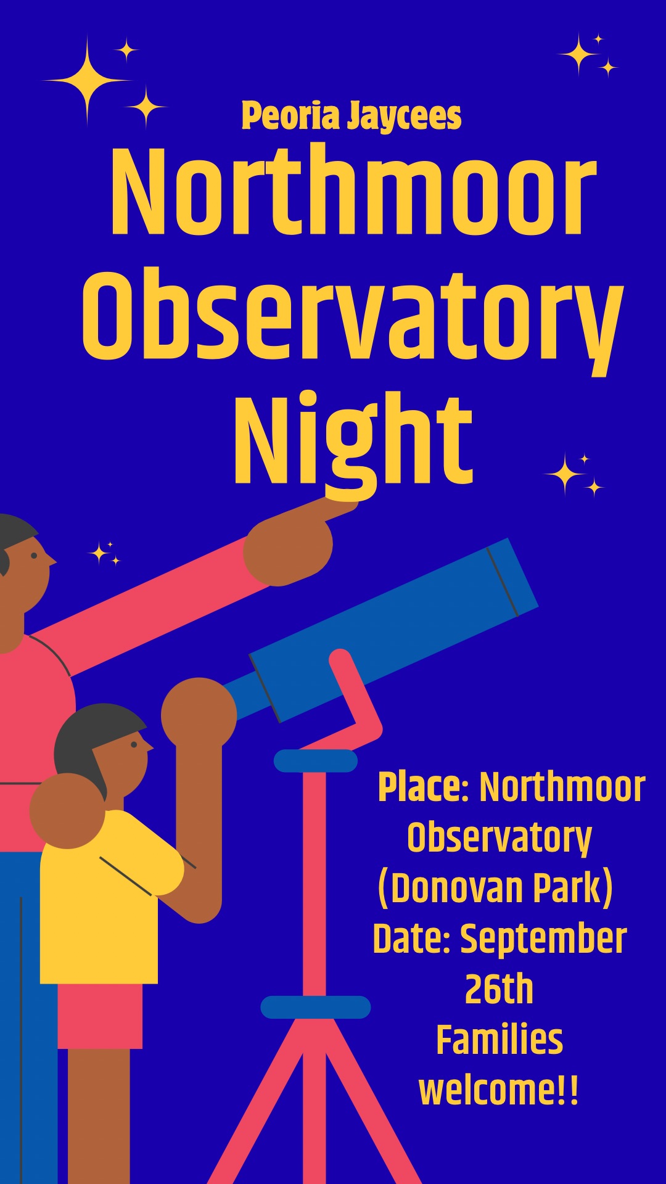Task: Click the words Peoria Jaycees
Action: coord(351,116)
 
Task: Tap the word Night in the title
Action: coord(353,439)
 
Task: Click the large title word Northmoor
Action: coord(354,192)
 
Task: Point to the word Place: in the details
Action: coord(424,787)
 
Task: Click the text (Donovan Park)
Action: coord(495,888)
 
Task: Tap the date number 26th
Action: coord(499,989)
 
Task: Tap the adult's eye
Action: coord(34,556)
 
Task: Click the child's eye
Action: coord(134,744)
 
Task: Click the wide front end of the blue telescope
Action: coord(512,577)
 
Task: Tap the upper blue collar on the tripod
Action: coord(316,761)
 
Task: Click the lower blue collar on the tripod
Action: coord(316,1007)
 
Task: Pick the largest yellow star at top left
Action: coord(87,81)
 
